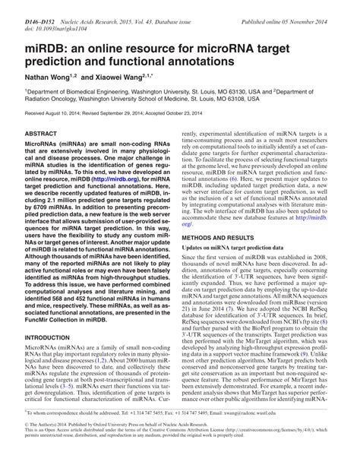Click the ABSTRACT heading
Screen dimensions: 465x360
41,133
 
